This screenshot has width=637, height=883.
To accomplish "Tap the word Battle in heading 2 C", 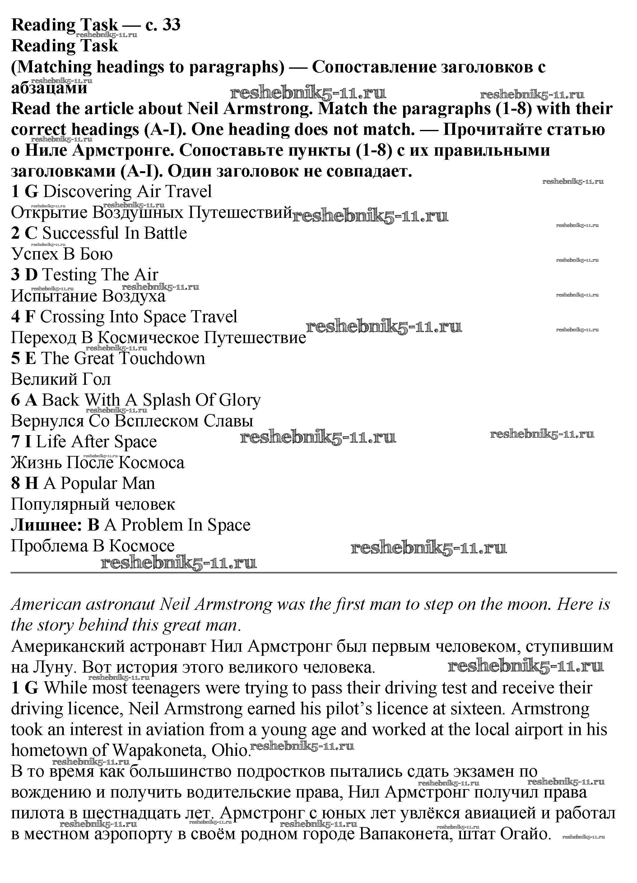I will (165, 233).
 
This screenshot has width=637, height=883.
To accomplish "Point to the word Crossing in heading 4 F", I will (72, 316).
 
